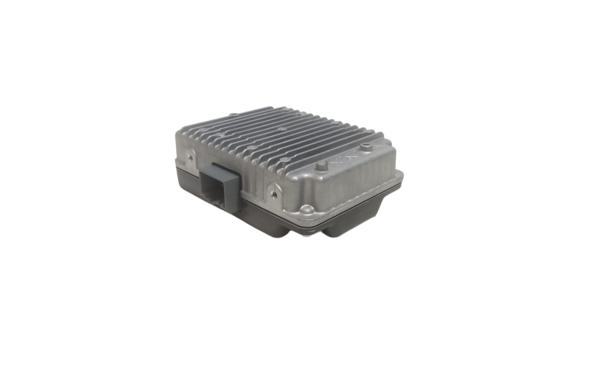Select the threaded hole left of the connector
pyautogui.click(x=190, y=157)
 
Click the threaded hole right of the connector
pyautogui.click(x=274, y=193)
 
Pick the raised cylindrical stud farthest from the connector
pyautogui.click(x=366, y=148)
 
